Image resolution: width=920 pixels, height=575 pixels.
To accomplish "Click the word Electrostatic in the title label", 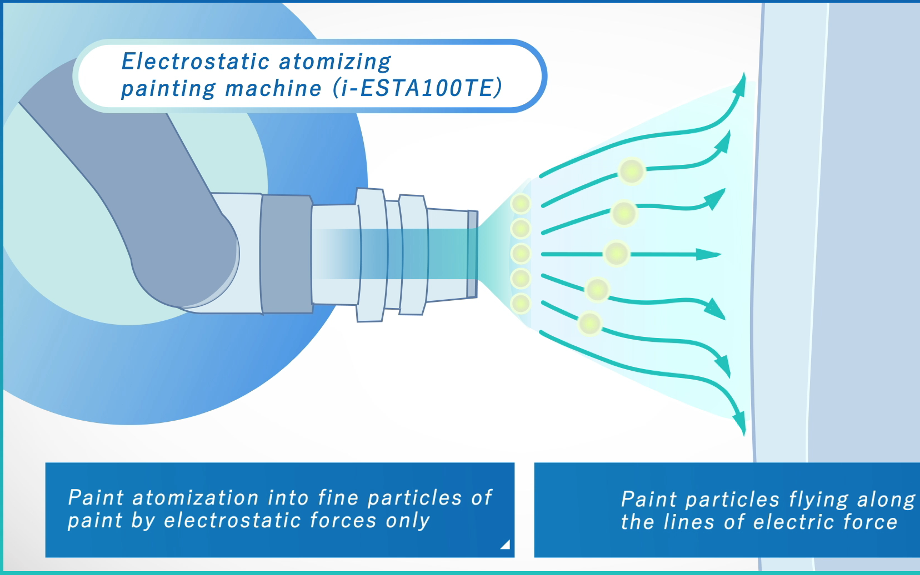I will click(196, 62).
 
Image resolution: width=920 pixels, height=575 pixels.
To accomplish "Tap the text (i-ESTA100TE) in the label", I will click(417, 88).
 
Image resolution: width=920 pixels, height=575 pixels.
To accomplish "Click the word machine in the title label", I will click(273, 89).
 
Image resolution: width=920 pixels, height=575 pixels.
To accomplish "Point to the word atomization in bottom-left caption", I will click(196, 498).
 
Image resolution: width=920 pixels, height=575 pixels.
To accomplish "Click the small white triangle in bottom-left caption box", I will click(505, 544).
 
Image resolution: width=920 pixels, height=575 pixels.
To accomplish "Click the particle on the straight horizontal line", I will click(616, 254).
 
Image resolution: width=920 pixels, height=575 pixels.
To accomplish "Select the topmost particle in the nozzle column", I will click(521, 204).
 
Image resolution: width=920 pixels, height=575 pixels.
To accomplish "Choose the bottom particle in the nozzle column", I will click(521, 304).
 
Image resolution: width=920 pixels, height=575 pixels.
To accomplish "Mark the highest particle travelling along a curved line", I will click(632, 171).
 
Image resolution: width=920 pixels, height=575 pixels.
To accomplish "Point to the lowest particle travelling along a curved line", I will click(589, 324).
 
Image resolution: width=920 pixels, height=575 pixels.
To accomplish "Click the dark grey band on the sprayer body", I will click(286, 254).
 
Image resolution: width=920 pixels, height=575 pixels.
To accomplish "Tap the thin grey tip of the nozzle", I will click(472, 254).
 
